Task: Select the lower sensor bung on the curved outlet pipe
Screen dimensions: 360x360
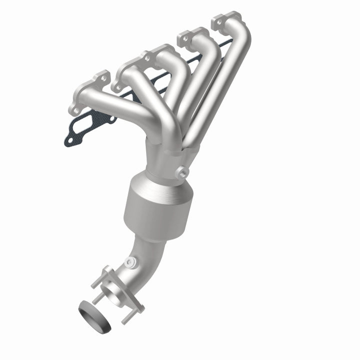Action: tap(131, 261)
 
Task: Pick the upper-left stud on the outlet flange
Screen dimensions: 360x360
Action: tap(105, 272)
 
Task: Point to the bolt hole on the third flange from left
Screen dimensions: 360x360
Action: tap(182, 37)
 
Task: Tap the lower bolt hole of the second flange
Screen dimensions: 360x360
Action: tap(118, 86)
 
